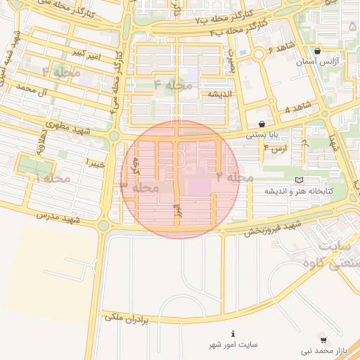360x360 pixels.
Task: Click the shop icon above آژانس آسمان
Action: tap(318, 51)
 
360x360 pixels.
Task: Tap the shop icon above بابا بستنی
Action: tap(262, 124)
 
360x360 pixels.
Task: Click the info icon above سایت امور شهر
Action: tap(233, 333)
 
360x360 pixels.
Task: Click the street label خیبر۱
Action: tap(96, 163)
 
